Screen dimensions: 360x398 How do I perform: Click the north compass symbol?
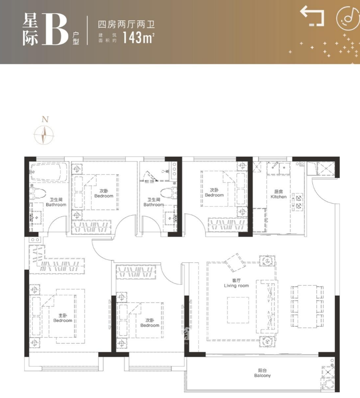point(44,134)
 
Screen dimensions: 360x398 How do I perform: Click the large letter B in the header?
point(56,30)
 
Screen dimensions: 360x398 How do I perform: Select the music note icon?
point(348,18)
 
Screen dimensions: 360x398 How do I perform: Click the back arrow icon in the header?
point(312,16)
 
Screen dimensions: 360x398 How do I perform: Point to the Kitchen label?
point(278,194)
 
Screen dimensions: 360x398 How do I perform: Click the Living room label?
point(236,283)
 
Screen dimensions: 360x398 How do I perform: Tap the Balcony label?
point(262,373)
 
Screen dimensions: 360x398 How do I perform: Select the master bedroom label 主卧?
point(63,316)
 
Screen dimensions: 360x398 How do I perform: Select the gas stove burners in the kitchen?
point(298,202)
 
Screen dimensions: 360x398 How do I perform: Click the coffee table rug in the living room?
point(238,310)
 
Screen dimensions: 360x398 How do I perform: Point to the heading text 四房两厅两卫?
point(126,25)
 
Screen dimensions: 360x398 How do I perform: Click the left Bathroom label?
point(56,202)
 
